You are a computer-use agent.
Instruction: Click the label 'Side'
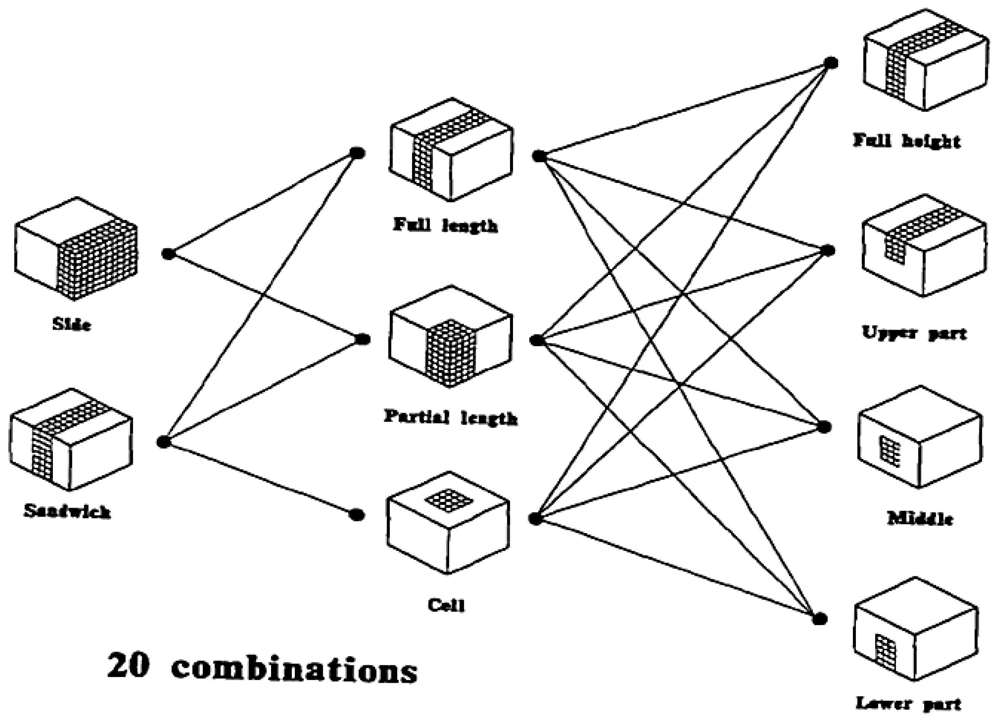coord(71,325)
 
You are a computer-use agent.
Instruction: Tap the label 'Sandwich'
coord(67,511)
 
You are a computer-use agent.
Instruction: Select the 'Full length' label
coord(445,226)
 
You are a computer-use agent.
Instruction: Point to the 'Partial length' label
coord(450,417)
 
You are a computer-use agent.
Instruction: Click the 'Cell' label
coord(446,606)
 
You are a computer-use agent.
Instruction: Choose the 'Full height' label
coord(907,141)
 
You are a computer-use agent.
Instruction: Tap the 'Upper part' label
coord(914,333)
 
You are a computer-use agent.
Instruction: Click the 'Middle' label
coord(920,519)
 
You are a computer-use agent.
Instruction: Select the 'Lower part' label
coord(908,704)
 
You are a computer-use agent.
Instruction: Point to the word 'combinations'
coord(294,670)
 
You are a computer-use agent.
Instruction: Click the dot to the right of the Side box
coord(168,254)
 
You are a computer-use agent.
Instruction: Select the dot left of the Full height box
coord(830,63)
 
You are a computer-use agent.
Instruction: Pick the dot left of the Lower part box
coord(819,619)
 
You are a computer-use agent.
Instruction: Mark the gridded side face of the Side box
coord(98,260)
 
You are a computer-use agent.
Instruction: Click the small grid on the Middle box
coord(889,451)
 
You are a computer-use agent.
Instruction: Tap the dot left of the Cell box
coord(357,514)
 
